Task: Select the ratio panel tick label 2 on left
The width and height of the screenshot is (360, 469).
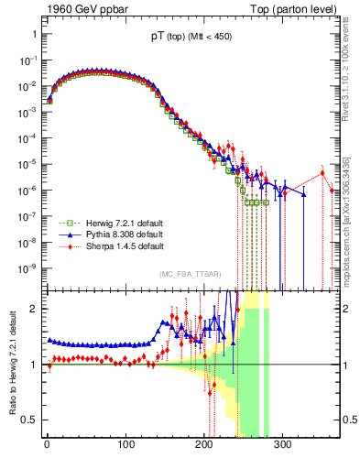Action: coord(37,309)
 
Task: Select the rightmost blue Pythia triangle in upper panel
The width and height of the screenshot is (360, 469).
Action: coord(304,194)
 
